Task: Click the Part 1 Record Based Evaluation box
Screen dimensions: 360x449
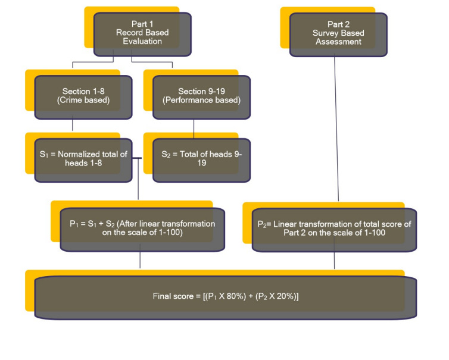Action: [x=142, y=34]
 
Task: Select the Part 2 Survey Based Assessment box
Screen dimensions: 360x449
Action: [x=338, y=34]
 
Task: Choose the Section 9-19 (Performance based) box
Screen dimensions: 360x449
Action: [x=201, y=96]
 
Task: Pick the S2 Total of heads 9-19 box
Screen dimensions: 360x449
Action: [x=201, y=159]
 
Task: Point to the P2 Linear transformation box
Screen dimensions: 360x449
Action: [x=334, y=228]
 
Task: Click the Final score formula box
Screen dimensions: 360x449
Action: [x=226, y=296]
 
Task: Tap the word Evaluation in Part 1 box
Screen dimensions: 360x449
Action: [x=142, y=42]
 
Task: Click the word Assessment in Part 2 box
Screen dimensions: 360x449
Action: [x=338, y=42]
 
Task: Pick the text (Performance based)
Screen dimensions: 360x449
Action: [x=201, y=100]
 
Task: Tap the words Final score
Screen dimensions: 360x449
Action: [x=172, y=296]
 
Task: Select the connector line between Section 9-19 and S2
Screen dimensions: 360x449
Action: [x=194, y=129]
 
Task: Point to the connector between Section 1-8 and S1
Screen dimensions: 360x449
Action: [x=73, y=124]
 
